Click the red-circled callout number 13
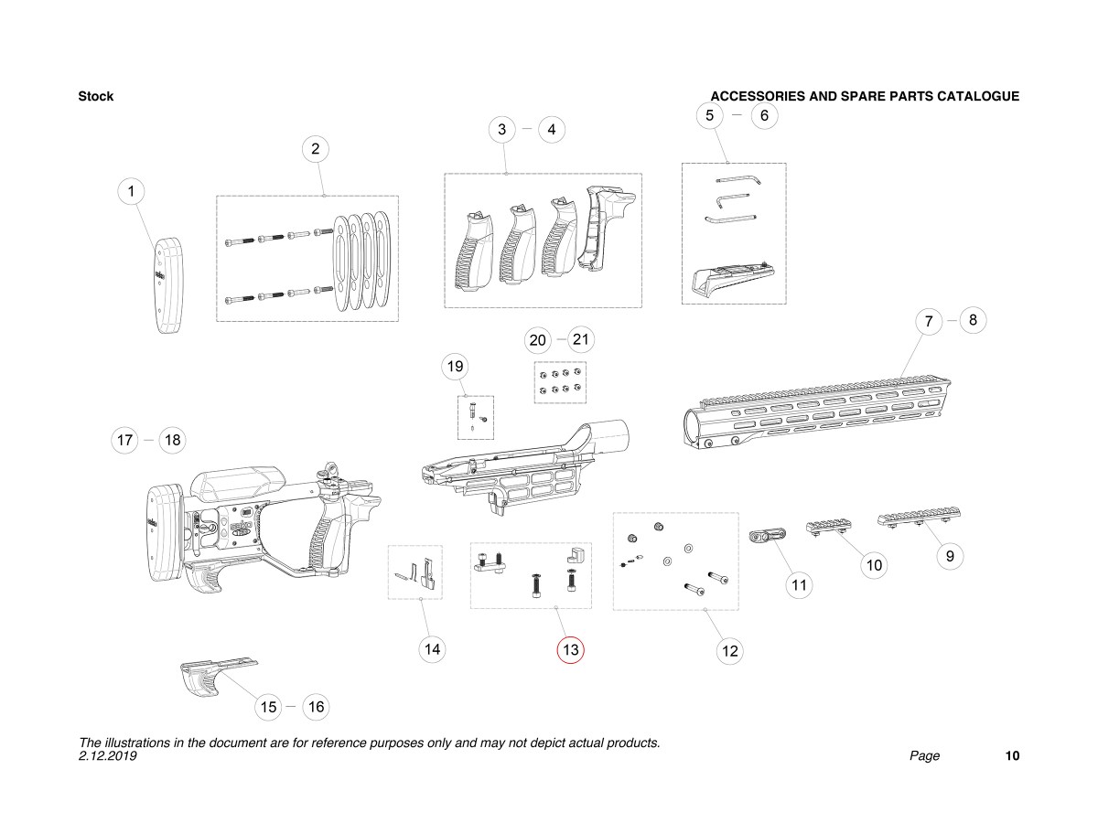point(571,650)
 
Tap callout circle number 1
point(132,191)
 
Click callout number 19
point(455,368)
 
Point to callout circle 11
point(800,584)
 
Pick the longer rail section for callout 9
point(919,520)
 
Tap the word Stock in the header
point(96,96)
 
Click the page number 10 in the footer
point(1012,756)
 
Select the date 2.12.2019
point(108,756)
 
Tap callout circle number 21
point(581,339)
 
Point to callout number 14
point(433,650)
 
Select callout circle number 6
point(764,115)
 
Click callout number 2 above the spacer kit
point(315,148)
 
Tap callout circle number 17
point(124,440)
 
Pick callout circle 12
point(729,651)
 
